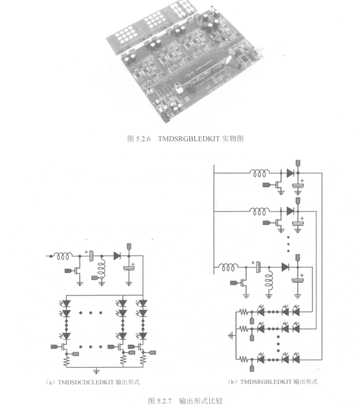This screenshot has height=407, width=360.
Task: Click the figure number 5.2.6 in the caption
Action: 143,139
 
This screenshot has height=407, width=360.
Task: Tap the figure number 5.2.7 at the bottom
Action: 164,401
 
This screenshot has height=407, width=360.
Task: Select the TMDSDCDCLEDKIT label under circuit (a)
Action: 86,382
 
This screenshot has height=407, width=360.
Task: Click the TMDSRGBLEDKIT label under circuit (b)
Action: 266,382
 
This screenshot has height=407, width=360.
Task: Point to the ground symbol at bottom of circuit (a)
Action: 96,371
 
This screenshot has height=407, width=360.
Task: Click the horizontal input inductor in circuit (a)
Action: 63,256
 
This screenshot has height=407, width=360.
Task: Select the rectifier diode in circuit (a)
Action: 117,256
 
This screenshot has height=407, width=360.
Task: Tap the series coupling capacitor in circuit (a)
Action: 91,256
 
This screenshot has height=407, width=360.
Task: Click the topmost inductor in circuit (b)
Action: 259,173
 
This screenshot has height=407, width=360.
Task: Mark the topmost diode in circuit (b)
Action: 291,173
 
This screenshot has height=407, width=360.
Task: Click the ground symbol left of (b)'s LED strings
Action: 231,336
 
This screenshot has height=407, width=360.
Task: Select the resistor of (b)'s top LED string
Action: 243,312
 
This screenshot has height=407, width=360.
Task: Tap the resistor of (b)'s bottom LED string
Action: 243,360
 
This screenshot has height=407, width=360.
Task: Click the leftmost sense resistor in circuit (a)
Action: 67,360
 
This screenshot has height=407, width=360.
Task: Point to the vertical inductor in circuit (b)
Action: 269,281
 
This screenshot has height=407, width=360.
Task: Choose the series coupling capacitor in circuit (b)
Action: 258,267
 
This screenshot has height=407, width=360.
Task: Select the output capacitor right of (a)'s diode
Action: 129,269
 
